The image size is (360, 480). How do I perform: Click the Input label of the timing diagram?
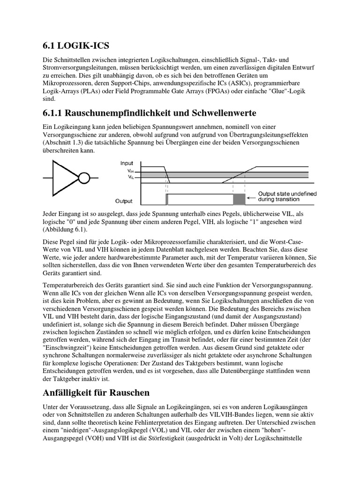pos(127,164)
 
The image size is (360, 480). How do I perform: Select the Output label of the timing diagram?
pos(124,201)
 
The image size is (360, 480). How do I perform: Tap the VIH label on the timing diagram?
pos(131,172)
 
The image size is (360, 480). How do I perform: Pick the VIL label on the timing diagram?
pos(131,177)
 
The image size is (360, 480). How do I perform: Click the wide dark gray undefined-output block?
pos(239,199)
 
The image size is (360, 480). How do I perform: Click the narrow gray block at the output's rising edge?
pos(166,199)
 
